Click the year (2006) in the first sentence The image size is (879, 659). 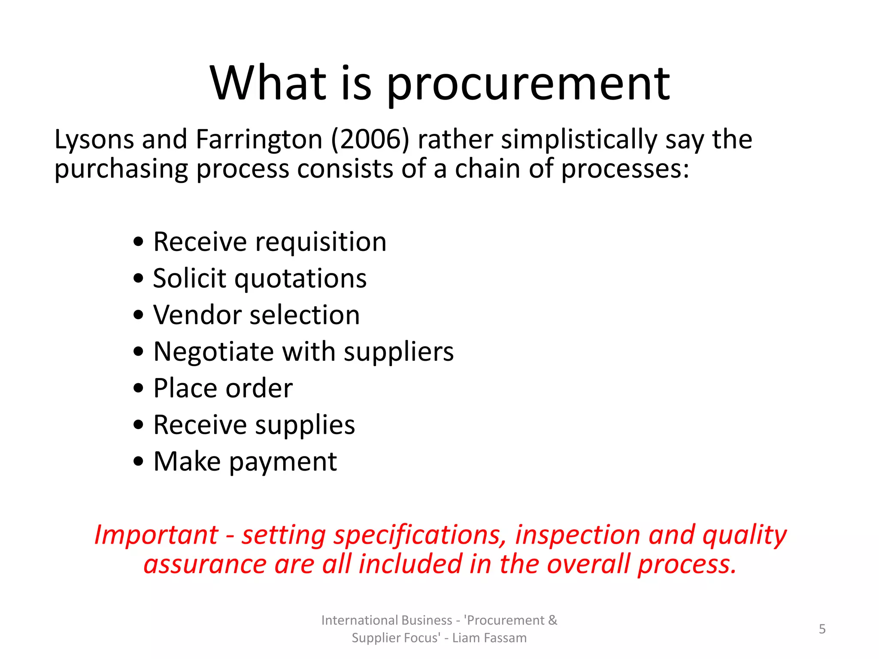click(x=370, y=139)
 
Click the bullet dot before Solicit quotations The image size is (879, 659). click(x=138, y=278)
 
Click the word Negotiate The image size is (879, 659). click(x=214, y=352)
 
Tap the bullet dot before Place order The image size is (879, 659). click(x=138, y=388)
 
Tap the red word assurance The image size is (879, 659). click(x=205, y=564)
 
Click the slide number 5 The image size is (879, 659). click(x=822, y=629)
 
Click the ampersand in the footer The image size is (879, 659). click(x=552, y=620)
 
